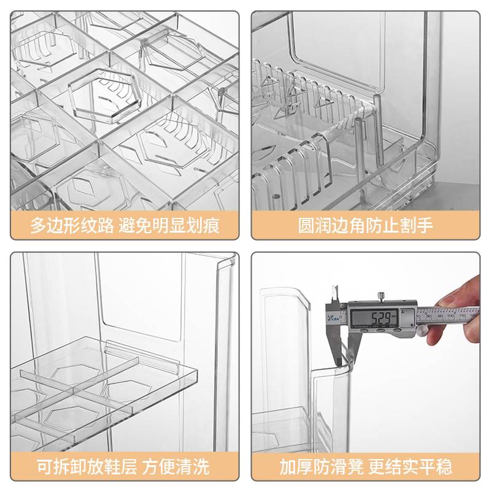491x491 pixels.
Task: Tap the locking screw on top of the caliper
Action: pyautogui.click(x=381, y=296)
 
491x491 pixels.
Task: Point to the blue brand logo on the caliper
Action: pyautogui.click(x=334, y=317)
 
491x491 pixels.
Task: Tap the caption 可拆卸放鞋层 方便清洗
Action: pyautogui.click(x=125, y=466)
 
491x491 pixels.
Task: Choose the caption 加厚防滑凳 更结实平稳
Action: pyautogui.click(x=366, y=466)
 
